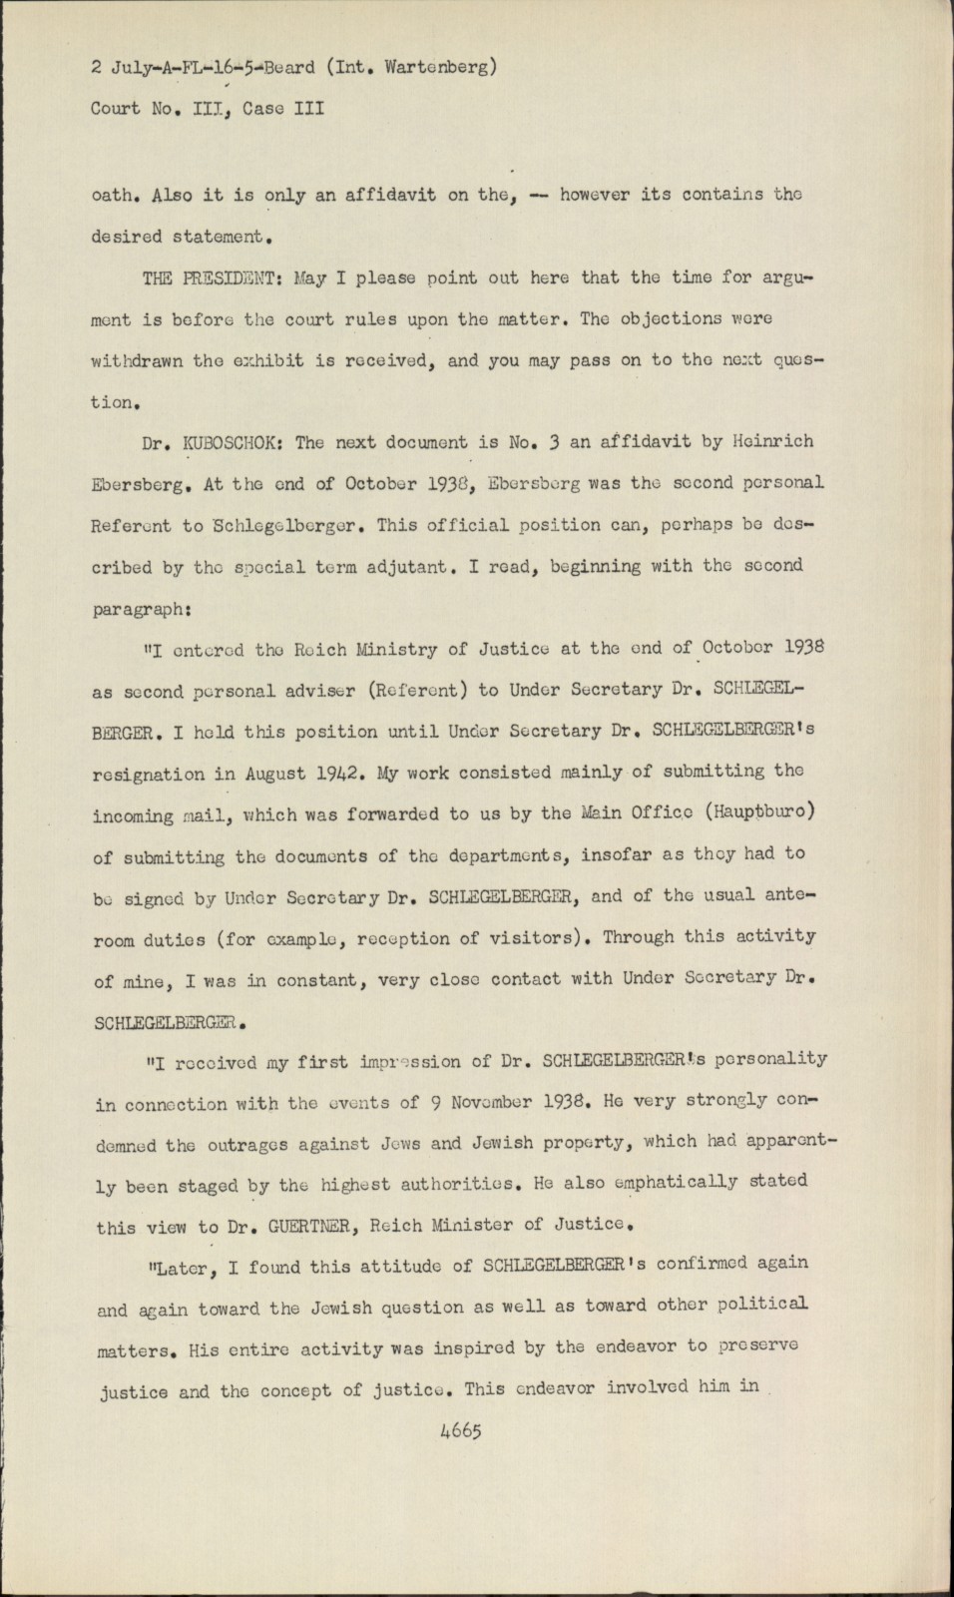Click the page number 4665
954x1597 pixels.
[x=460, y=1430]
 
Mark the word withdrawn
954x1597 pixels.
[x=140, y=361]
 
